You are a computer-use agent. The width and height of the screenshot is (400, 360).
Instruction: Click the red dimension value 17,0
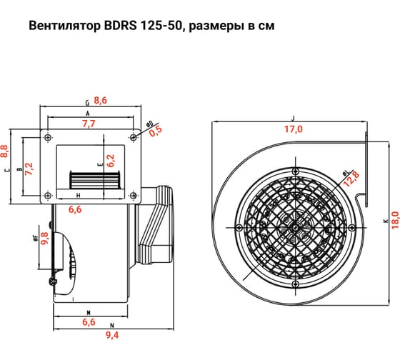coord(294,129)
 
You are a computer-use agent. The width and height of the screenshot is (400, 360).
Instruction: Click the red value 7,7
coord(89,124)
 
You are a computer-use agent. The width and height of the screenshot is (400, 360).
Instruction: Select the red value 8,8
coord(4,150)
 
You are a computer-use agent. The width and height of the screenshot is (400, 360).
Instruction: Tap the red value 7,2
coord(29,169)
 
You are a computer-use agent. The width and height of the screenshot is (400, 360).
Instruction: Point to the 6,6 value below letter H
coord(76,209)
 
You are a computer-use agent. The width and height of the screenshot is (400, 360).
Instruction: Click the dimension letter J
coord(294,118)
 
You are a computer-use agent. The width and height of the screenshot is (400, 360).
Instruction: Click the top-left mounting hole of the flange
coord(48,136)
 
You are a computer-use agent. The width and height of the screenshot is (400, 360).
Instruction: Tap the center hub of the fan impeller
coord(294,228)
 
